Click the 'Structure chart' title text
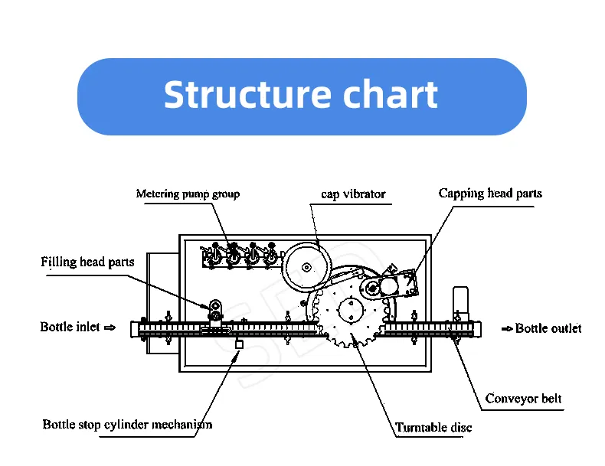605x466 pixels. tap(301, 96)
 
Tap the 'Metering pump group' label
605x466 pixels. tap(188, 194)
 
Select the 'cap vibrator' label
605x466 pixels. tap(352, 194)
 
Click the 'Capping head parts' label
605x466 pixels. tap(489, 194)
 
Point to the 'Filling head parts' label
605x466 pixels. tap(87, 262)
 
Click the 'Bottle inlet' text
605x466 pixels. tap(70, 328)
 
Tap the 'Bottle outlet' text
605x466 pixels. tap(548, 328)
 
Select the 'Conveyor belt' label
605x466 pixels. tap(524, 399)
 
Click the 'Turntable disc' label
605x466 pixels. tap(433, 428)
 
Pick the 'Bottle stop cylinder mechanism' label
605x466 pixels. tap(127, 424)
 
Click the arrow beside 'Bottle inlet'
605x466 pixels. tap(110, 328)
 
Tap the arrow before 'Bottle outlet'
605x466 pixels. tap(507, 328)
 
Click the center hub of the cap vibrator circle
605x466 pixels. tap(306, 268)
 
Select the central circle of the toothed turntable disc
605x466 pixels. tap(349, 310)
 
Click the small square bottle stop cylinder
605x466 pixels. tap(239, 345)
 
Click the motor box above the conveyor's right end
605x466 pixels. tap(461, 299)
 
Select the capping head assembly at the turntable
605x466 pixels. tap(391, 286)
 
